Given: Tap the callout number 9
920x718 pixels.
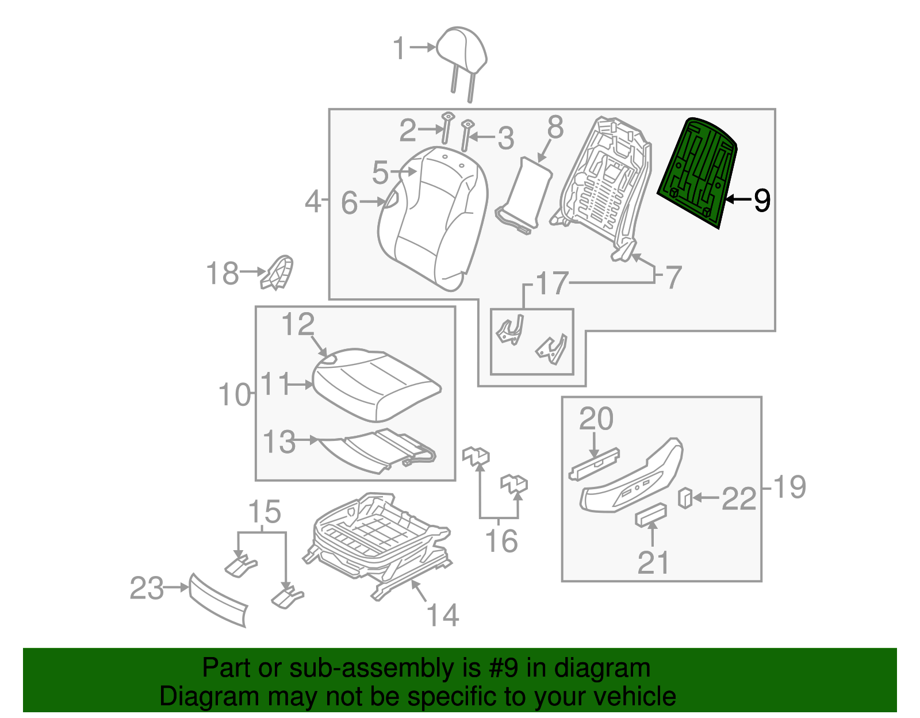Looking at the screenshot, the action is point(762,200).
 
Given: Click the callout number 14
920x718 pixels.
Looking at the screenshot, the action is point(443,616).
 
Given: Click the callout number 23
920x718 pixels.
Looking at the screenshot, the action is point(147,588).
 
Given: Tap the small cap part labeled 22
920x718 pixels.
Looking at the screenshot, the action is point(685,498).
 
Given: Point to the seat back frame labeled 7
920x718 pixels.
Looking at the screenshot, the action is point(604,184).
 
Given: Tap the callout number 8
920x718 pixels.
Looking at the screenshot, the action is point(555,127).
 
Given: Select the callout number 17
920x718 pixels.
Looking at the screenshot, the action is point(552,283).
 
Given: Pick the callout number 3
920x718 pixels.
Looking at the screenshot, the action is point(505,139).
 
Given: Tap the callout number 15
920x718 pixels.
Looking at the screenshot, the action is point(264,512).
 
